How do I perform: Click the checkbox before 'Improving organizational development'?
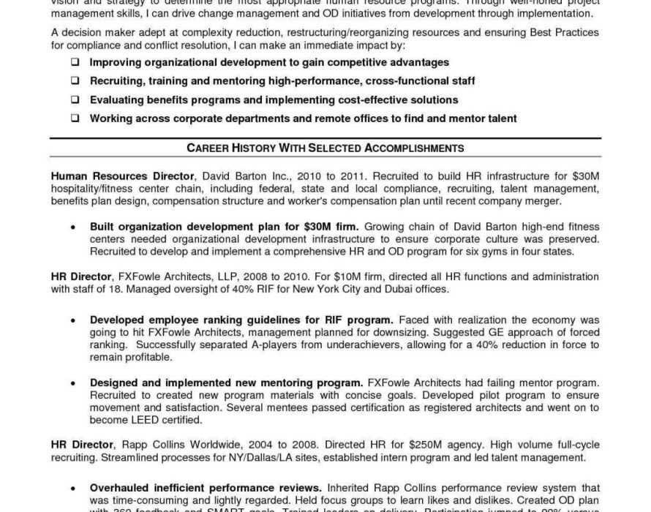pyautogui.click(x=75, y=63)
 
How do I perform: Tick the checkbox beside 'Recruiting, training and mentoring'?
pyautogui.click(x=75, y=81)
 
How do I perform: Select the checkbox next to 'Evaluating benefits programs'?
pyautogui.click(x=75, y=99)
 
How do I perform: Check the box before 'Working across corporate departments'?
pyautogui.click(x=75, y=118)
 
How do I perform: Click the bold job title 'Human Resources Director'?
pyautogui.click(x=122, y=177)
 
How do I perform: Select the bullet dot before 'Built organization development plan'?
pyautogui.click(x=73, y=227)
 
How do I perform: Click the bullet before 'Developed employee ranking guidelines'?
pyautogui.click(x=73, y=320)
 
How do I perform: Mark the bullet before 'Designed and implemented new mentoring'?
pyautogui.click(x=73, y=383)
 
